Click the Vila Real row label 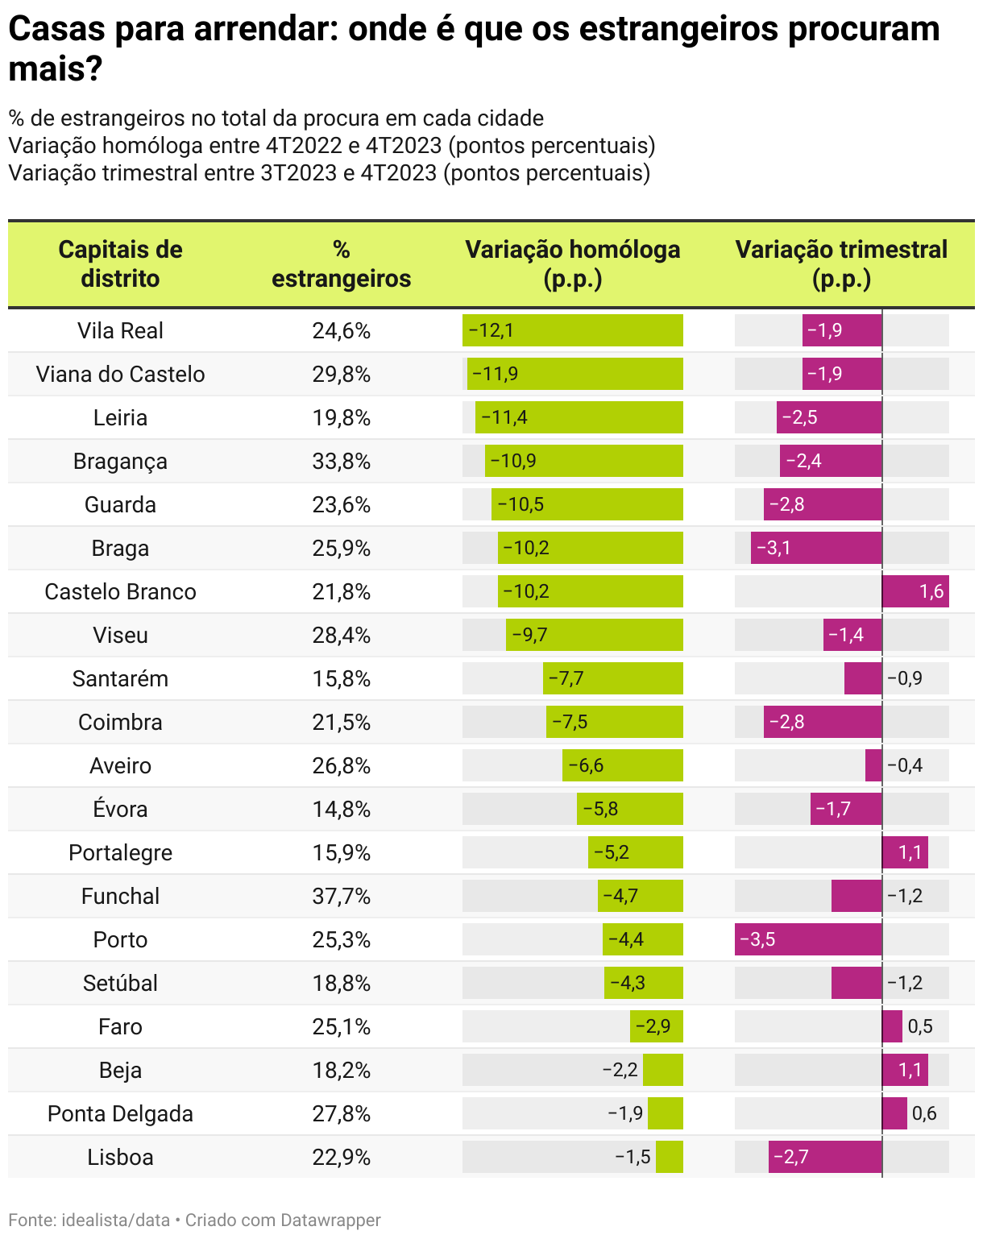click(120, 331)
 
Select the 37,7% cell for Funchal click(342, 897)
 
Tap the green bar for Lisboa click(670, 1157)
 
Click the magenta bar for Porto click(808, 939)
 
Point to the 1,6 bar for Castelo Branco click(915, 591)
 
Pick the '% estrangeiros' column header click(342, 264)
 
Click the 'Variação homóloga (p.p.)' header click(573, 264)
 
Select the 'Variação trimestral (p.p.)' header click(841, 264)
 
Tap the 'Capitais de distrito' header click(120, 264)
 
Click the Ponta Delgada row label click(120, 1114)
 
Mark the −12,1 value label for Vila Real click(491, 330)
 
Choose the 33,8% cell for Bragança click(342, 462)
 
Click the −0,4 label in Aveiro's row click(905, 765)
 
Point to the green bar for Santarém click(613, 678)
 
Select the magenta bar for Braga click(816, 548)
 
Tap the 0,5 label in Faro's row click(920, 1026)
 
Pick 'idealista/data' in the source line click(116, 1220)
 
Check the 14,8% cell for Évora click(342, 810)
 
